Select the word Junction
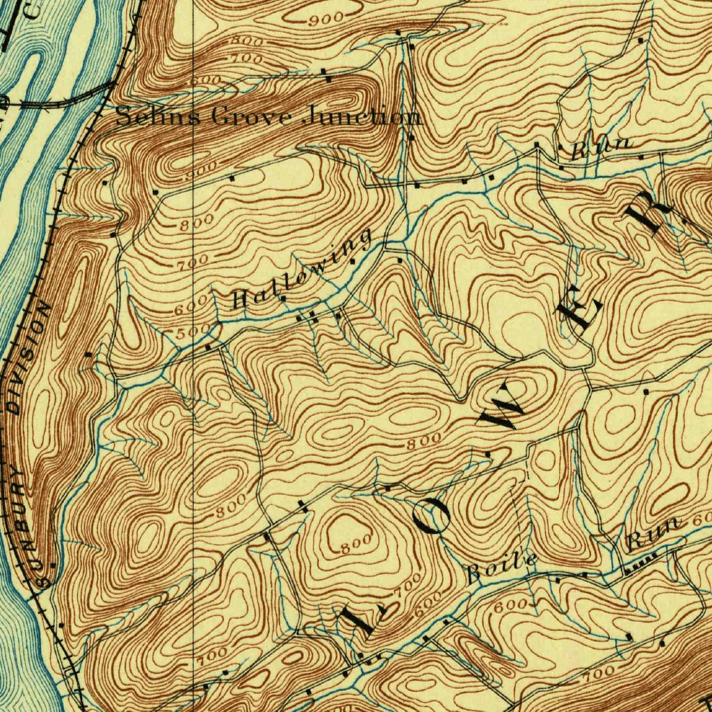tap(362, 117)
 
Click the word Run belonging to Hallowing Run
tap(602, 148)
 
